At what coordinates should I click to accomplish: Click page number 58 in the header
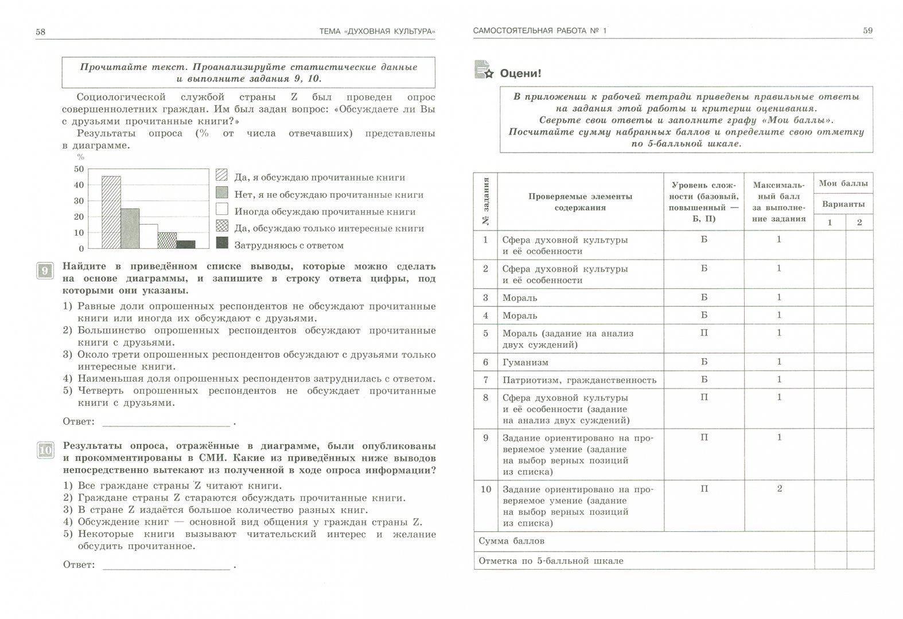pos(40,32)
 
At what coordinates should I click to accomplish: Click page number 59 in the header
pos(867,30)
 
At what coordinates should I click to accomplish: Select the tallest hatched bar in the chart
pos(111,212)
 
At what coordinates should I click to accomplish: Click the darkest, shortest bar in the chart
pos(186,244)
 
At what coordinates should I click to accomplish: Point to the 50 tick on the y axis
pos(78,169)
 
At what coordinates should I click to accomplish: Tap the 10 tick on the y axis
pos(78,233)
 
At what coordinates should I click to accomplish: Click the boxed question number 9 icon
pos(45,270)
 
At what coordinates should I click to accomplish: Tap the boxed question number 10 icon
pos(45,450)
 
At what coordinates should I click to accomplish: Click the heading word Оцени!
pos(520,74)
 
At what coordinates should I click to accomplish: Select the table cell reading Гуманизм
pos(525,362)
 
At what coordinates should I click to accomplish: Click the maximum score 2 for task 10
pos(779,488)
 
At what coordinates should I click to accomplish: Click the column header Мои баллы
pos(843,184)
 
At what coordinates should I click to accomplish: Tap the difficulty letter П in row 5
pos(704,333)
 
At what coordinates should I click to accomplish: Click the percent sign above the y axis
pos(80,157)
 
